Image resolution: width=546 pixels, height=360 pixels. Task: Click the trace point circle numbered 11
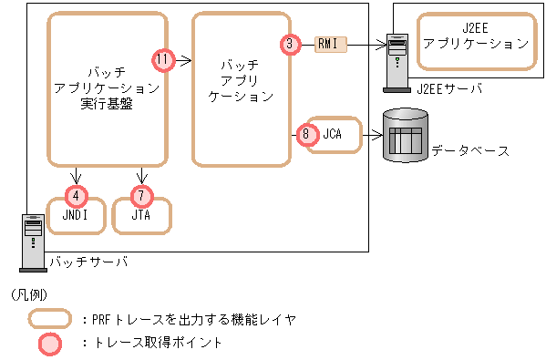[x=164, y=59]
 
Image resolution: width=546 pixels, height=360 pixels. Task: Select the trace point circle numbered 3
[x=289, y=43]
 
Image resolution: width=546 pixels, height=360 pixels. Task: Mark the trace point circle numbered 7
[x=142, y=194]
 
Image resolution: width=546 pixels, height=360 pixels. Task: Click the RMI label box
[x=329, y=43]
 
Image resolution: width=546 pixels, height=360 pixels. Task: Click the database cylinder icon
[x=404, y=135]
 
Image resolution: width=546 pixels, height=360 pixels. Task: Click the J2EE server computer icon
[x=397, y=62]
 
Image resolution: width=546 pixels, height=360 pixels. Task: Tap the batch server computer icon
[x=32, y=242]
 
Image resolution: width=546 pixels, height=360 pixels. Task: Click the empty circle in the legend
[x=50, y=343]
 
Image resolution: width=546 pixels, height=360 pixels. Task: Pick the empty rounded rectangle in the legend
[x=50, y=319]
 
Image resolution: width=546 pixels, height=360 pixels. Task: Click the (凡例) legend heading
[x=29, y=295]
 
